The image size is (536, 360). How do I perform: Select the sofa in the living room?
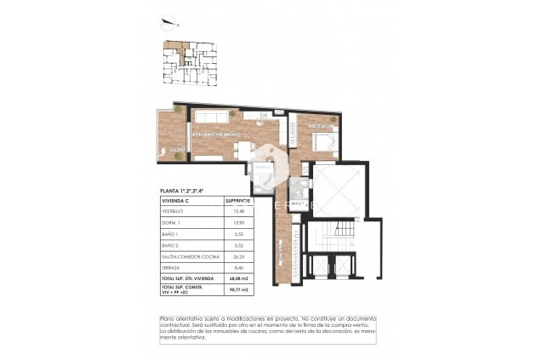(x=210, y=117)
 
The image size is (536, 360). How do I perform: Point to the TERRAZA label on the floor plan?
(x=176, y=150)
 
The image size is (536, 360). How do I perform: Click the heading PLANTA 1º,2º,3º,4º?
(x=184, y=191)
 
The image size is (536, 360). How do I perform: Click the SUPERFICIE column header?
(x=238, y=201)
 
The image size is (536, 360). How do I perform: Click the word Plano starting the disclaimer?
(x=167, y=318)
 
